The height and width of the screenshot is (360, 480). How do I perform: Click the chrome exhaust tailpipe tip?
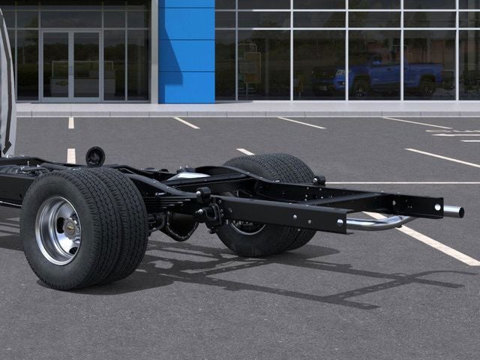[453, 211]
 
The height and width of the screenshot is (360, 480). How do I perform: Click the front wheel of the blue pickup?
[361, 87]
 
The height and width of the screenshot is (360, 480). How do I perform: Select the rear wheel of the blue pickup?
[427, 86]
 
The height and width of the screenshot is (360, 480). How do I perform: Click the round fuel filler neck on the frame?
[95, 156]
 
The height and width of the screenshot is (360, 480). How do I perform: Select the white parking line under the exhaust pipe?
[435, 244]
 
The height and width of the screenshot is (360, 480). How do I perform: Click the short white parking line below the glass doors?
[71, 122]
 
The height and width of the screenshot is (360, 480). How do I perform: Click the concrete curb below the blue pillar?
[186, 109]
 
